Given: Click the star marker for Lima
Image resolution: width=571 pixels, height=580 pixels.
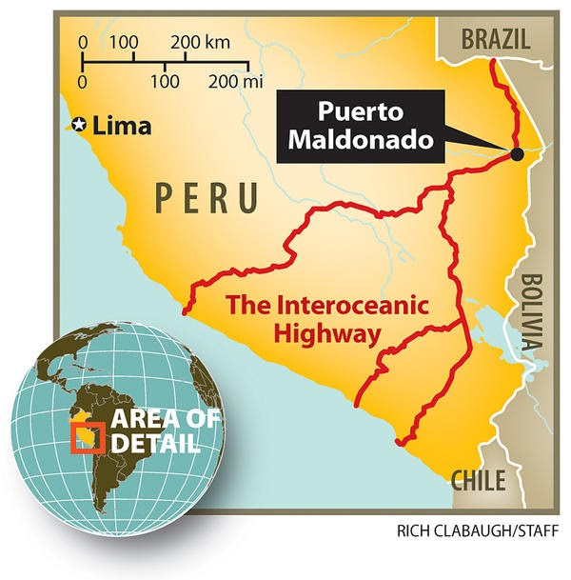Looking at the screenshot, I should point(80,125).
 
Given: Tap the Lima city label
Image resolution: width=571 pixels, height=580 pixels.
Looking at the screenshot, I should point(121,125).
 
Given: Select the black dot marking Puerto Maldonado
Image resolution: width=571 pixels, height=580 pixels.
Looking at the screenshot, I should point(516,154).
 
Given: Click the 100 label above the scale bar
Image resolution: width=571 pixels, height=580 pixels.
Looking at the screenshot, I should point(124,42).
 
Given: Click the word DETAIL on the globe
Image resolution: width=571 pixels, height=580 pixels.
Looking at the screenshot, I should point(154,444).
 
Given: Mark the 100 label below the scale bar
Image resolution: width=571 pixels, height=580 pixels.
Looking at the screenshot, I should point(166,82).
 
